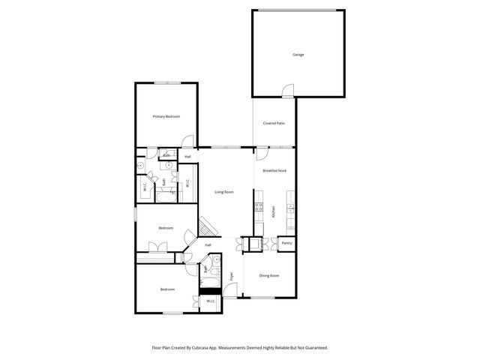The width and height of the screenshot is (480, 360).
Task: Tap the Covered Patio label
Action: point(273,123)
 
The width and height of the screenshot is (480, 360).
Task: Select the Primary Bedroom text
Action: point(166,116)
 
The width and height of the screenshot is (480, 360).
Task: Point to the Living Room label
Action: point(224,192)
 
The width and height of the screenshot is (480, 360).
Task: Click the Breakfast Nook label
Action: point(274,171)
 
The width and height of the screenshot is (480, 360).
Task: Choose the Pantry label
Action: point(286,243)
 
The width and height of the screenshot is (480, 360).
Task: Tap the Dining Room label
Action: point(269,276)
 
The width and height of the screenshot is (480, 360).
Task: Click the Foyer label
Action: point(232,276)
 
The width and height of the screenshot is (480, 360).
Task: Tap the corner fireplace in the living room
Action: point(207,226)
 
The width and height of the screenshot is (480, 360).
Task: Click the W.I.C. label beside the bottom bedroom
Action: point(210,301)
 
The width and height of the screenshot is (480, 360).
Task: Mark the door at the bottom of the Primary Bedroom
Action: point(190,140)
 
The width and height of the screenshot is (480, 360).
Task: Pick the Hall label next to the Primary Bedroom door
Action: point(187,157)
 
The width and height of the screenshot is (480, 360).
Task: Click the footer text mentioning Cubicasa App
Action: point(239,348)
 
